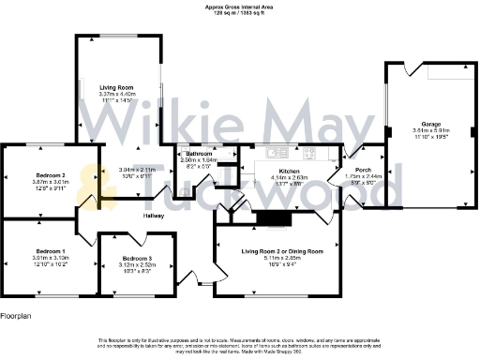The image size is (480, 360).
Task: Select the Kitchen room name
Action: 289,171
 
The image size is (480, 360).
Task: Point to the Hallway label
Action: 154,216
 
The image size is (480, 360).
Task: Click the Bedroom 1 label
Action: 50,251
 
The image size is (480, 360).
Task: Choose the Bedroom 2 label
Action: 50,175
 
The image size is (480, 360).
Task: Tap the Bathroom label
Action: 199,153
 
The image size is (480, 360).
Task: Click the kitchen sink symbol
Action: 275,152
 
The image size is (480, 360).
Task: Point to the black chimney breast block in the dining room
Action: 275,217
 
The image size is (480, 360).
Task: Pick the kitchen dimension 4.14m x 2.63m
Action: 289,177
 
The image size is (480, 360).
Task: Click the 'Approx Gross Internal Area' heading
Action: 240,6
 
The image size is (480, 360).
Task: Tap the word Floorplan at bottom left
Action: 18,317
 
